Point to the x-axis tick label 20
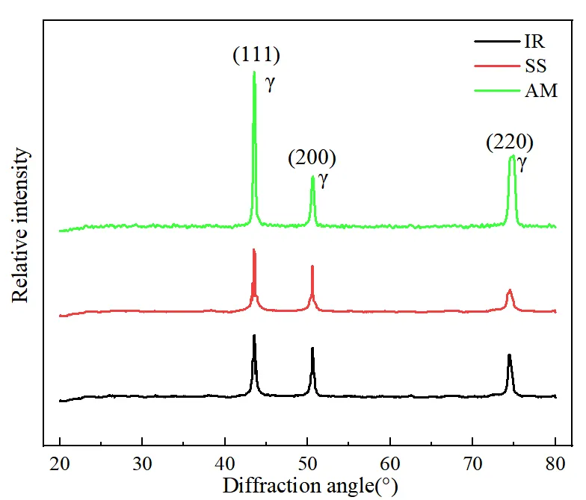pyautogui.click(x=60, y=460)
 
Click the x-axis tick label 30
pyautogui.click(x=142, y=460)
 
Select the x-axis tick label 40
pyautogui.click(x=225, y=460)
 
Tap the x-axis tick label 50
pyautogui.click(x=307, y=460)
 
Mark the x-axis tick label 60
pyautogui.click(x=390, y=460)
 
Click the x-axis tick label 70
pyautogui.click(x=472, y=460)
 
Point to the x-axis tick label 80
pyautogui.click(x=555, y=460)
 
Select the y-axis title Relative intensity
pyautogui.click(x=21, y=225)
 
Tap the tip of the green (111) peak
pyautogui.click(x=254, y=72)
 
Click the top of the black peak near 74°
pyautogui.click(x=509, y=355)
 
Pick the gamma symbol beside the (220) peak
pyautogui.click(x=522, y=164)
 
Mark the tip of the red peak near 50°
pyautogui.click(x=312, y=266)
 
